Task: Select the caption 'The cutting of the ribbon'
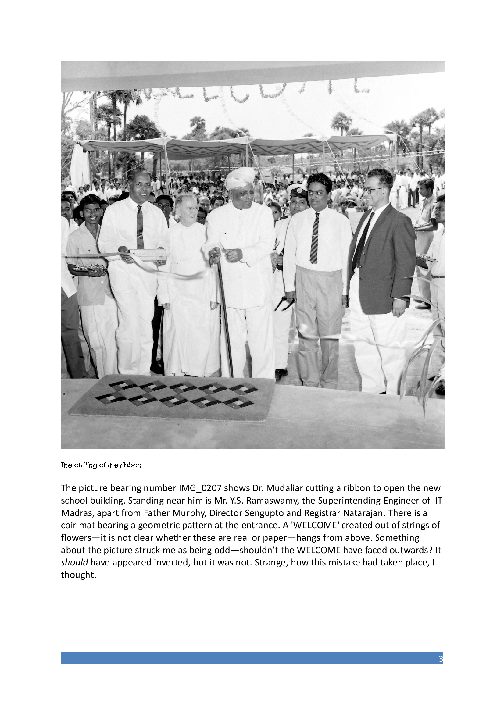(101, 465)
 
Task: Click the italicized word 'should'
(74, 562)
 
